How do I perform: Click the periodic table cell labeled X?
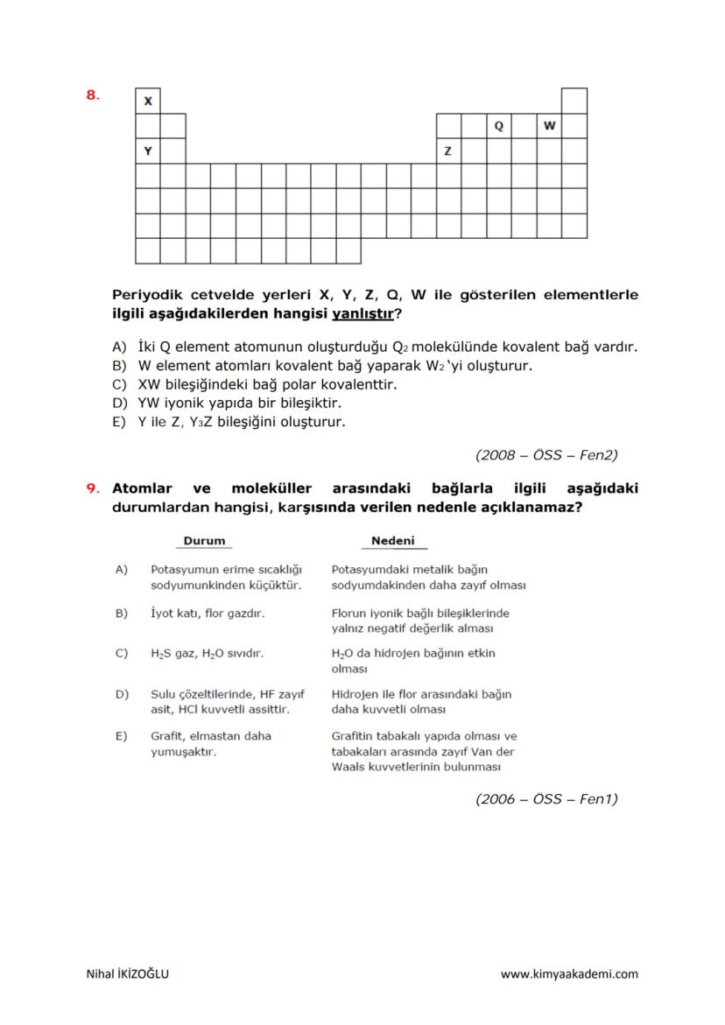(x=148, y=101)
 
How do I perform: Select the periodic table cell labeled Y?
(x=148, y=151)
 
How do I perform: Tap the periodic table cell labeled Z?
(x=448, y=151)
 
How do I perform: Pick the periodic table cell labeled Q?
(x=499, y=126)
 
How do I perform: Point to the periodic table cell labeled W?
(x=549, y=126)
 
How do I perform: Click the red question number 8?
(x=92, y=95)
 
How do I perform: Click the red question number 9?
(x=92, y=488)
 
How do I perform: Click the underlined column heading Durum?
(x=204, y=541)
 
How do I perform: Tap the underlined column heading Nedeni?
(x=393, y=541)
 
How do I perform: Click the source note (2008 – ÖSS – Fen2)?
(x=546, y=454)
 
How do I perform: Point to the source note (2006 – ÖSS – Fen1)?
(x=546, y=798)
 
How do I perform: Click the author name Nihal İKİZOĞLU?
(x=128, y=973)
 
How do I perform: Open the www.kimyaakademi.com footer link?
(x=569, y=973)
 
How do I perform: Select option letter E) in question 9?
(x=122, y=736)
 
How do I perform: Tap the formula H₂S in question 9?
(x=160, y=654)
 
